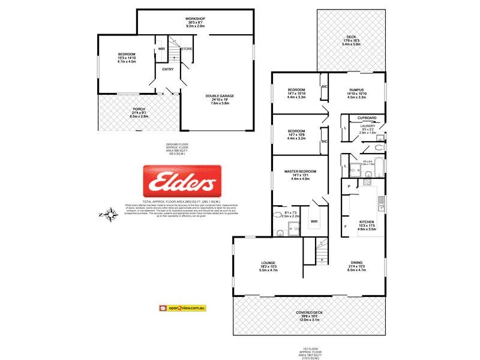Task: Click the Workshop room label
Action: (195, 19)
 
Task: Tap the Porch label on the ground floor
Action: (139, 109)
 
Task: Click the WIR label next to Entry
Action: (161, 49)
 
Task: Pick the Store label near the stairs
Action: (187, 49)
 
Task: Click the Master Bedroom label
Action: (299, 172)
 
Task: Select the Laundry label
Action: (368, 126)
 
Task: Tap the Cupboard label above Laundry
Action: (367, 118)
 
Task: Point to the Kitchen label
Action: (367, 221)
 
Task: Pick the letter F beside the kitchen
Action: (346, 226)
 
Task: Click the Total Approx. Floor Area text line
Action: (181, 201)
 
